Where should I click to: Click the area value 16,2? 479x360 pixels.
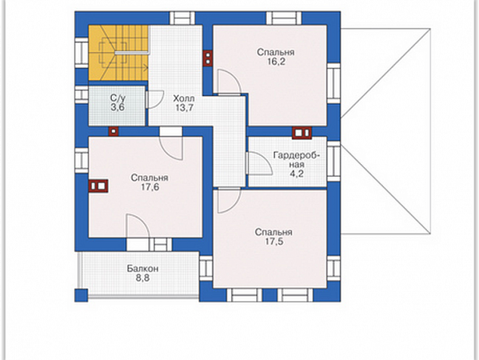277,62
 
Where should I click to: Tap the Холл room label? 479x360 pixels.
184,99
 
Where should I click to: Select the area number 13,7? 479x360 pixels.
184,107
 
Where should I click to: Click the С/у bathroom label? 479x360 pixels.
118,98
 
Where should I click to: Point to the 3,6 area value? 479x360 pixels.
118,107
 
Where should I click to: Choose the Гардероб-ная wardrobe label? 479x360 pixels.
297,160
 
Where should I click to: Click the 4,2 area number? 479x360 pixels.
296,174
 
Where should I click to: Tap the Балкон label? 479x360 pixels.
143,268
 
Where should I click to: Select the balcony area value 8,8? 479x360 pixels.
143,278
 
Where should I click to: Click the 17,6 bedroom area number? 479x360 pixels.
150,188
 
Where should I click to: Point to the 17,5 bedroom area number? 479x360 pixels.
273,241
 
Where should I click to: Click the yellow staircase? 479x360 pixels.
118,53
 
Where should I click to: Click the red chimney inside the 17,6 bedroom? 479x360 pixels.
98,186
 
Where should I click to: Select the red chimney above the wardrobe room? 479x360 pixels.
301,133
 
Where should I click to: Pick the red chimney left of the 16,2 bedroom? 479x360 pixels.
208,58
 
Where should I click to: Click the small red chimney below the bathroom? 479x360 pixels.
113,132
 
